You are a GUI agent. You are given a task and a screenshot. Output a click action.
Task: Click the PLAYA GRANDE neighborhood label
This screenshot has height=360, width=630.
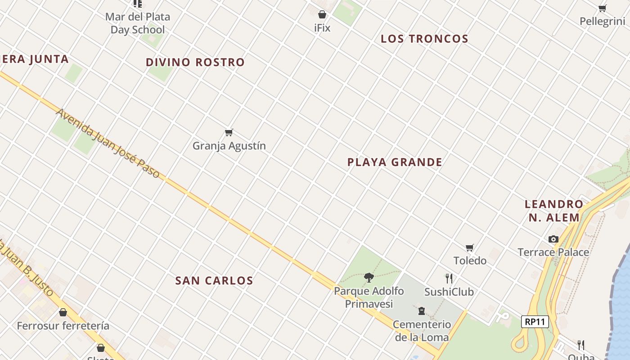click(395, 162)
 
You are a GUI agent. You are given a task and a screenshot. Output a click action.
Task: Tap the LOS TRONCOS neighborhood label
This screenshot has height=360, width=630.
click(424, 39)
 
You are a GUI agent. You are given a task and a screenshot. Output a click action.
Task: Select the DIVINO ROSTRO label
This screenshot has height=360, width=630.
click(195, 63)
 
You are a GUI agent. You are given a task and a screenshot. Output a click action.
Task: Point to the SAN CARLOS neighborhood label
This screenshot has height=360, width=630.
click(214, 281)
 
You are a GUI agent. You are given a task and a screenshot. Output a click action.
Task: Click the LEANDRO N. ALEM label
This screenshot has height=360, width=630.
click(554, 211)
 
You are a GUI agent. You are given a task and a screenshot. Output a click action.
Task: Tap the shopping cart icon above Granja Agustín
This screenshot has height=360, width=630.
click(229, 132)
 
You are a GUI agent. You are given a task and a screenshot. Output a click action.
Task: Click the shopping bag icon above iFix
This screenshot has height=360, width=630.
click(322, 14)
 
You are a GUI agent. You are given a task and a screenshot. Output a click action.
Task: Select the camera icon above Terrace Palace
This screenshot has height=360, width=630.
click(553, 239)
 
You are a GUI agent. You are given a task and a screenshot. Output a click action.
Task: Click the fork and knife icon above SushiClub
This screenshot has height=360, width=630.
click(449, 278)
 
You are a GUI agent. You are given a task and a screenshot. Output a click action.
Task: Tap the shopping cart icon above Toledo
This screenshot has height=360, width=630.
click(470, 247)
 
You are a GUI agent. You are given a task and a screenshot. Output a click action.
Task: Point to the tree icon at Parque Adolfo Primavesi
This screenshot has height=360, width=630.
click(369, 277)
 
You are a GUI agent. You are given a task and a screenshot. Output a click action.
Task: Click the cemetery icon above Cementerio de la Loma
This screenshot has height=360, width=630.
click(422, 310)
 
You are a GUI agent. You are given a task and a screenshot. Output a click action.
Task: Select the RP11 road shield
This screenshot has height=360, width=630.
click(535, 322)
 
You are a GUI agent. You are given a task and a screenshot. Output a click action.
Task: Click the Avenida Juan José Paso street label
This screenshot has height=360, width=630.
click(108, 143)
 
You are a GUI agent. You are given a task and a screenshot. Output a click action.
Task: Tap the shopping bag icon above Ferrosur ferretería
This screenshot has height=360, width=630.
click(63, 312)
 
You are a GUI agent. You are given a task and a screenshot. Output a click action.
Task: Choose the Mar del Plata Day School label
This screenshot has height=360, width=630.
click(138, 23)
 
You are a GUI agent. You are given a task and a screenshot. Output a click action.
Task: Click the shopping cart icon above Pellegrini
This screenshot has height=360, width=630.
click(603, 8)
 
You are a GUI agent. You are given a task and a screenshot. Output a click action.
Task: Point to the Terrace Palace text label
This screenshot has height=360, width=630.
click(553, 252)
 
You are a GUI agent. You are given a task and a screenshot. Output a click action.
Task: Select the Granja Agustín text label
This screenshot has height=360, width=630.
click(229, 146)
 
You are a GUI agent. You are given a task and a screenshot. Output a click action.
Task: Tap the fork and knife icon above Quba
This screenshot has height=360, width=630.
click(581, 345)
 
